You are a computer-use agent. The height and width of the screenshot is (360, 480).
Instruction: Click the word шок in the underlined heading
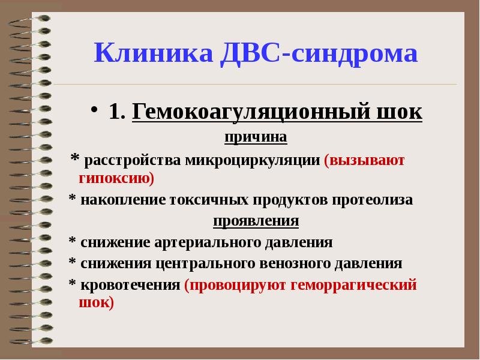click(x=402, y=112)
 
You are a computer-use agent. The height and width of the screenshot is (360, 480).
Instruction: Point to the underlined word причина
click(x=256, y=137)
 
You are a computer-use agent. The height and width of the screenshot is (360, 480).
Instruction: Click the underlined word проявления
click(x=256, y=221)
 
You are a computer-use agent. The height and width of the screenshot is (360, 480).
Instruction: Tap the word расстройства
click(x=133, y=161)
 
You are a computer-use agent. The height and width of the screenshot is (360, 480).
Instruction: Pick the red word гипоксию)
click(x=117, y=178)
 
